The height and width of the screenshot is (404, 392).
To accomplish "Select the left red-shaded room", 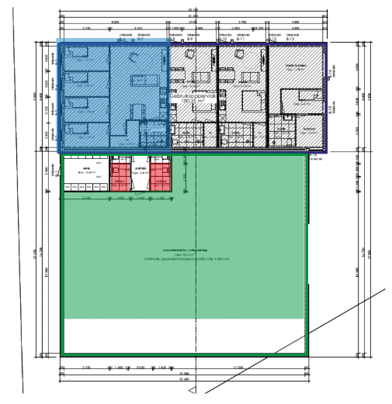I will [120, 175].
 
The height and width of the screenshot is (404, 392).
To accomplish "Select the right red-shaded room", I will [160, 175].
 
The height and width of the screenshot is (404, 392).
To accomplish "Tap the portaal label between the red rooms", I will [140, 166].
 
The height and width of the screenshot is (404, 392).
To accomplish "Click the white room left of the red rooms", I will [86, 174].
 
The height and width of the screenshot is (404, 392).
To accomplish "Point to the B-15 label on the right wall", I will [329, 111].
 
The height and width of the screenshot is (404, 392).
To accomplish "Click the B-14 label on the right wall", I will [329, 72].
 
